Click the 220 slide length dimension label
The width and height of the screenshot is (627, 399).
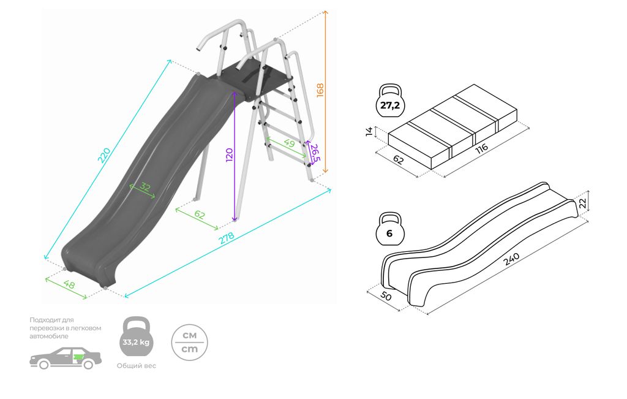point(105,155)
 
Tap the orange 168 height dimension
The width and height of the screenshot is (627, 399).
point(320,90)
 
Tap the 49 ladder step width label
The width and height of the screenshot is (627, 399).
point(288,144)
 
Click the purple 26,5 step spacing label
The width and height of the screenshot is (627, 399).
point(315,153)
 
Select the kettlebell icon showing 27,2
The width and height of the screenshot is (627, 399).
point(390,104)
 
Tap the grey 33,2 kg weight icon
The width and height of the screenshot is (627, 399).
point(136,338)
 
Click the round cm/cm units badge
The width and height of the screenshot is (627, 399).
point(189,342)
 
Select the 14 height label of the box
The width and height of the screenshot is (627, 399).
point(369,132)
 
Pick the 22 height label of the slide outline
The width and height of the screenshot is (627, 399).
point(583,202)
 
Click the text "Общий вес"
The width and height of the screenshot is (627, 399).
point(136,365)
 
